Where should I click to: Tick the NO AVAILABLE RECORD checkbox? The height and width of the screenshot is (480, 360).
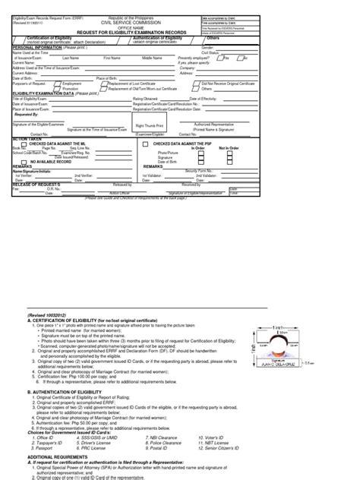point(26,162)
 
